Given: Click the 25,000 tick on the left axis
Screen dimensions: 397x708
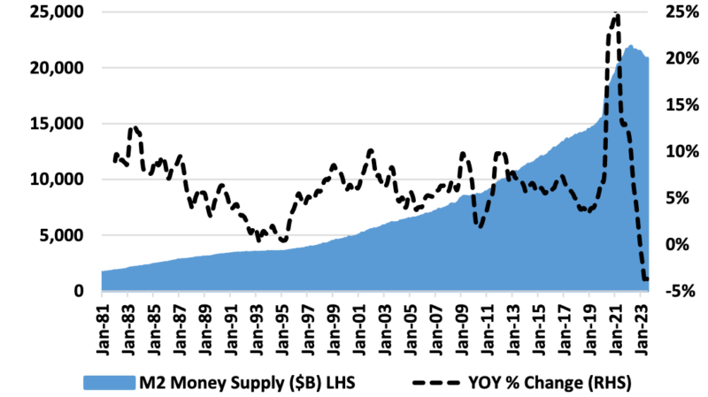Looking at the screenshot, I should (x=55, y=12).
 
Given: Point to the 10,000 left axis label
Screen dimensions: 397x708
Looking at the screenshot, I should (x=55, y=179).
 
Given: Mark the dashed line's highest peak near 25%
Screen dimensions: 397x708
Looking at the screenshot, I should (x=616, y=14).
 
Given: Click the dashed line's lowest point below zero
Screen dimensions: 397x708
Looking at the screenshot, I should (x=645, y=279).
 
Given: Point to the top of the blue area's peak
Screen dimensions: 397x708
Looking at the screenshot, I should (x=631, y=45).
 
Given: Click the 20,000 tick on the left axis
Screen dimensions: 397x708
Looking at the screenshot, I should (x=55, y=68).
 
